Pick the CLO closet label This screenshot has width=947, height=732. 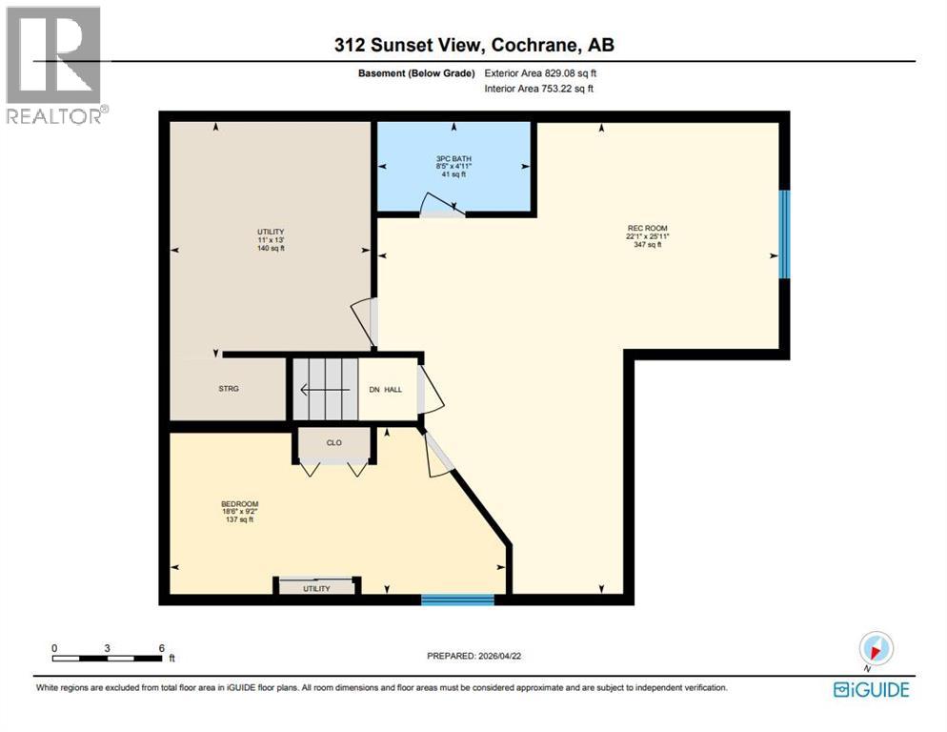click(333, 442)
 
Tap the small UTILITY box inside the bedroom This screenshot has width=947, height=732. click(316, 587)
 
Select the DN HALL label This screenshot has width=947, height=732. click(386, 389)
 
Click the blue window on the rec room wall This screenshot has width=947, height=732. click(784, 234)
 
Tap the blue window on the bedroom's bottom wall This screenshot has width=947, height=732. click(457, 600)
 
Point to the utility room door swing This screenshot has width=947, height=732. click(364, 319)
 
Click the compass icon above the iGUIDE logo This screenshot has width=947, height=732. click(874, 649)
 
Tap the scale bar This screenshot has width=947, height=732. click(108, 657)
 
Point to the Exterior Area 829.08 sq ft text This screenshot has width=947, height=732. click(540, 72)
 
